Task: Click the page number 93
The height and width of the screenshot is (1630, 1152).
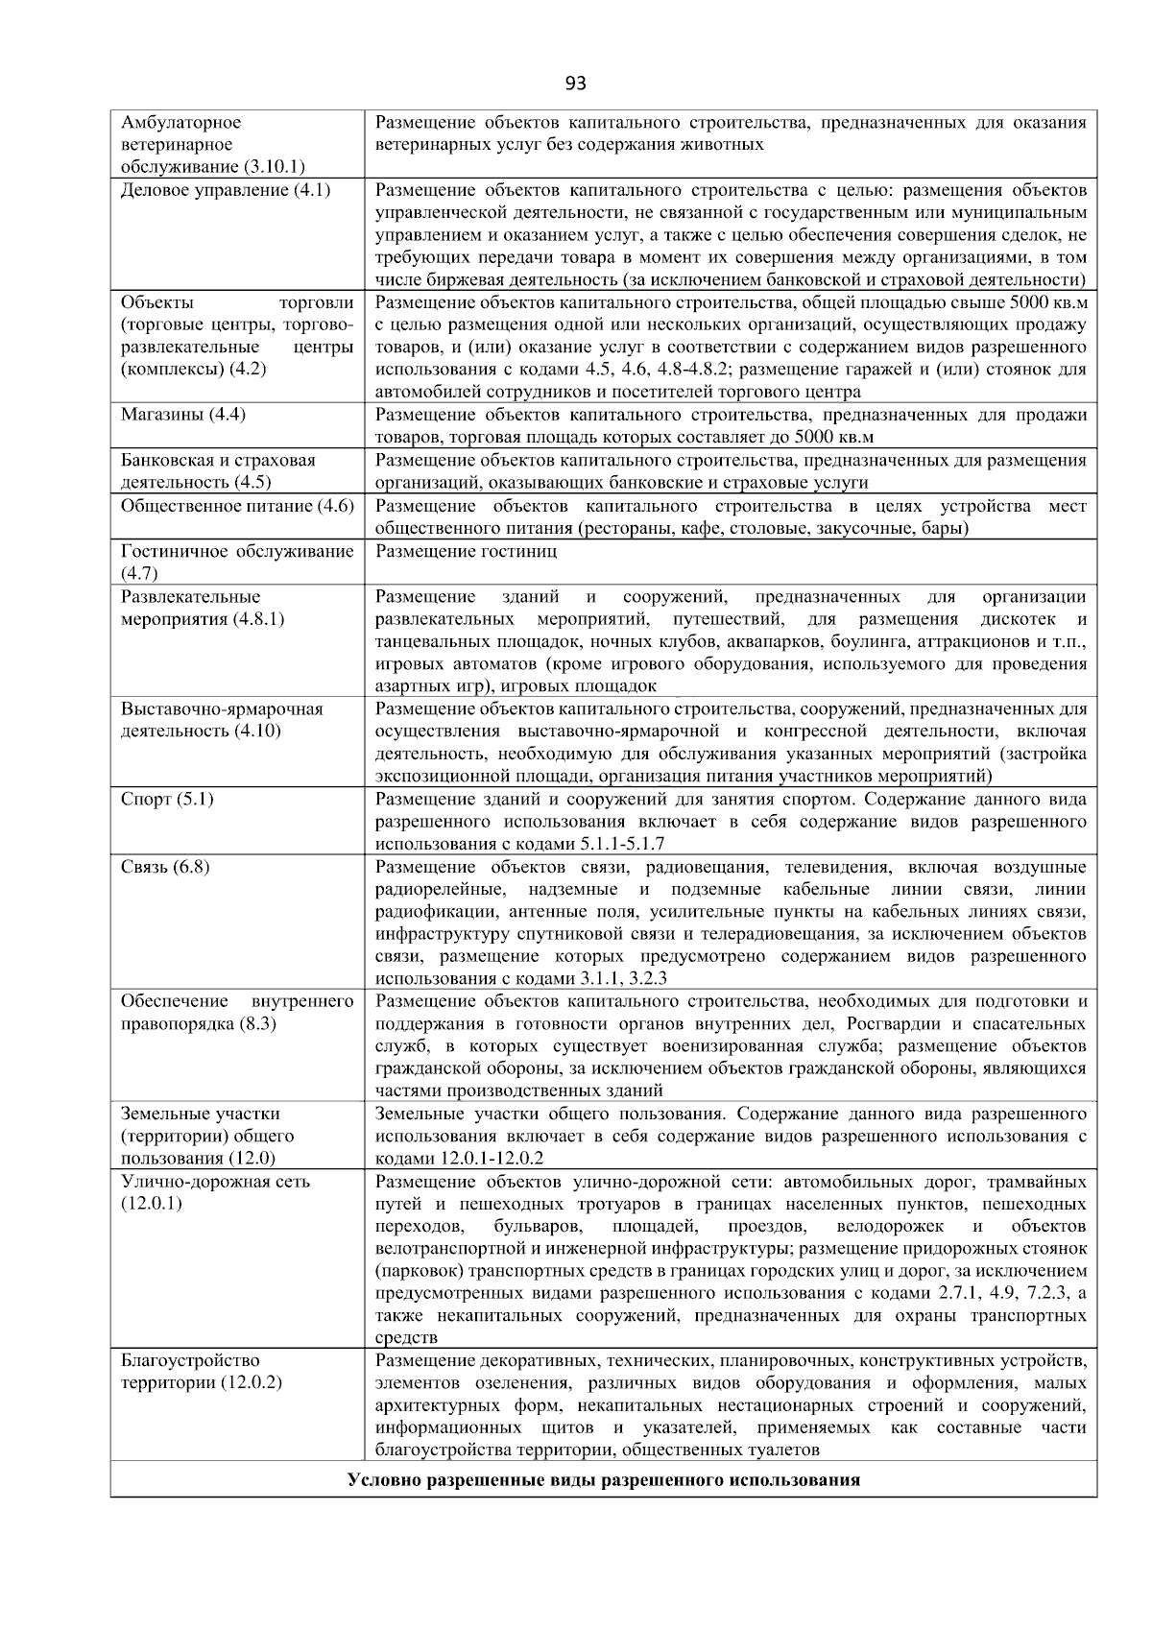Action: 575,84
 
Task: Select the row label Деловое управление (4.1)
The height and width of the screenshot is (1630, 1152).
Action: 226,190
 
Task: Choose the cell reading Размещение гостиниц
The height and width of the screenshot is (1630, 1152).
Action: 466,551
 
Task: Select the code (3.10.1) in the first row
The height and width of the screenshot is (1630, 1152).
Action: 274,167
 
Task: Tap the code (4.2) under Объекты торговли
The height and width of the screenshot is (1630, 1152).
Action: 245,369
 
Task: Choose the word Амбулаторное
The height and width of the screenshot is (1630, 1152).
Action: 181,123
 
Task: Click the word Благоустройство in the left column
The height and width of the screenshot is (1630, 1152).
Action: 190,1361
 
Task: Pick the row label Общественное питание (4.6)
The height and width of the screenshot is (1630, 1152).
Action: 237,506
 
